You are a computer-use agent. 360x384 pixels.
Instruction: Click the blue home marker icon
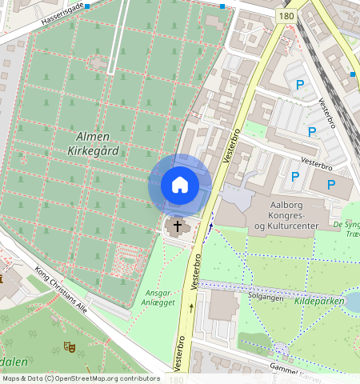point(180,185)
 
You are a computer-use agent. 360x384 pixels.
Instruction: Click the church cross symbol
point(177,227)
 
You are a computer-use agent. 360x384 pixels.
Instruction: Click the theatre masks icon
point(69,347)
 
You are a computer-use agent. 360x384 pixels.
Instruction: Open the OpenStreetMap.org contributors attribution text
point(80,378)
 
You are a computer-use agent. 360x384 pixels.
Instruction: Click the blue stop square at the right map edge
point(352,74)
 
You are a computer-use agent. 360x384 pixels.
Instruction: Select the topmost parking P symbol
point(300,85)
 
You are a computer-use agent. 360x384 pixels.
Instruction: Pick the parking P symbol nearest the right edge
point(331,186)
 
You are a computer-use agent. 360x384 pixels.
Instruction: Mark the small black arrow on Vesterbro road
point(191,306)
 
